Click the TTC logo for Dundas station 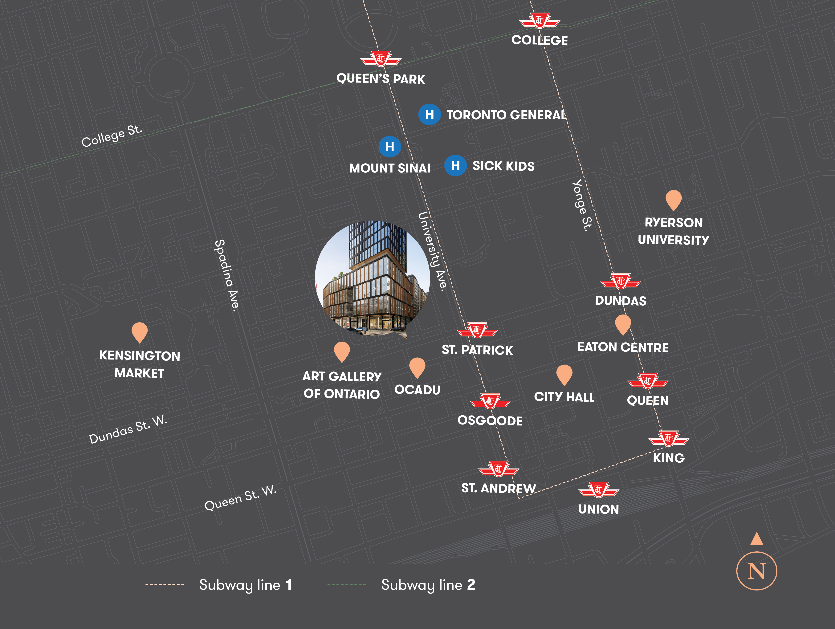click(621, 281)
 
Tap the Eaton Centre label click(623, 347)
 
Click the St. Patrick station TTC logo click(477, 330)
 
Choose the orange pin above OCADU click(417, 367)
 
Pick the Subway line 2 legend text click(428, 585)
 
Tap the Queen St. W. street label click(240, 498)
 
